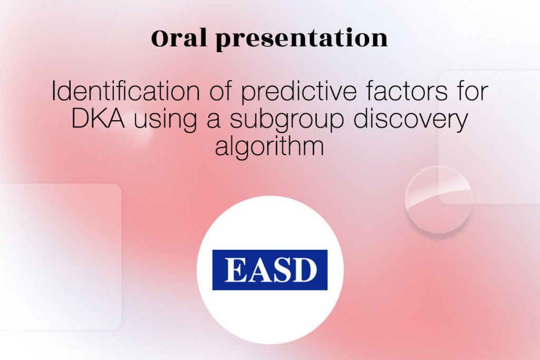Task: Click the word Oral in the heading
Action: click(x=179, y=37)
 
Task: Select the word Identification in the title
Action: click(x=126, y=91)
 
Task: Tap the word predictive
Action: click(x=298, y=92)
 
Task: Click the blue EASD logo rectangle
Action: click(x=270, y=270)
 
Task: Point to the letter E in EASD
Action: click(x=235, y=270)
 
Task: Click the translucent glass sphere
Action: click(x=438, y=200)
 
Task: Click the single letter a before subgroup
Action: click(x=214, y=121)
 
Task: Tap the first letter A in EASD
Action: click(x=259, y=270)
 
